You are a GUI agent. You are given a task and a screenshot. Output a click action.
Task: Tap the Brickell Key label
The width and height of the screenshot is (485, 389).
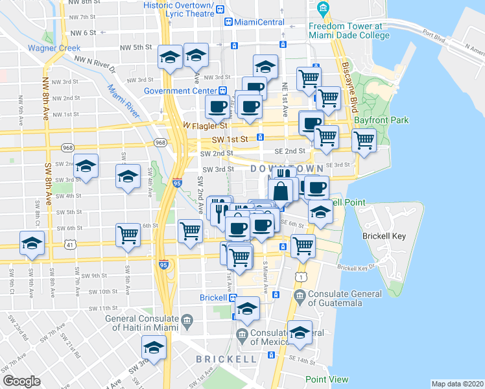384,236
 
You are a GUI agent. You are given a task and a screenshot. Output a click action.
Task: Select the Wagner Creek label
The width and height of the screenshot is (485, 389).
54,47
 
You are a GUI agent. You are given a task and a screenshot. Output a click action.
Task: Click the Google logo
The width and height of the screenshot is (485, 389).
21,381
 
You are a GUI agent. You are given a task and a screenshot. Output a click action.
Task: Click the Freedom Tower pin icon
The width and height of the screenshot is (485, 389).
323,10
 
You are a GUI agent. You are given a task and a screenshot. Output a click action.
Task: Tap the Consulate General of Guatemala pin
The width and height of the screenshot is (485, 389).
299,298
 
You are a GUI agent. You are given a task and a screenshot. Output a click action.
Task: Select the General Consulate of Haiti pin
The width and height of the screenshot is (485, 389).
187,319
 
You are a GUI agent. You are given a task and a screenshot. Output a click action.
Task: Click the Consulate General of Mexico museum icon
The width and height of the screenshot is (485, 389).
242,335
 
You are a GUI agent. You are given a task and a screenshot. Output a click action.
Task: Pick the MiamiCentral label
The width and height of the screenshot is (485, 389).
259,22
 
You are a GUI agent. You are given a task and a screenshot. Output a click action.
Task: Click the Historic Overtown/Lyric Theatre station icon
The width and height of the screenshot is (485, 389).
220,10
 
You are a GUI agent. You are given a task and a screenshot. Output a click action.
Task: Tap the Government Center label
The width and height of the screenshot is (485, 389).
180,91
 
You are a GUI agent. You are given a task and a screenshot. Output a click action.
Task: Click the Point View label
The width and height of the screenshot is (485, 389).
327,379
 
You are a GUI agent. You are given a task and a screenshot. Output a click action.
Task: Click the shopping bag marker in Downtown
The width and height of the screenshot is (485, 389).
281,192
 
